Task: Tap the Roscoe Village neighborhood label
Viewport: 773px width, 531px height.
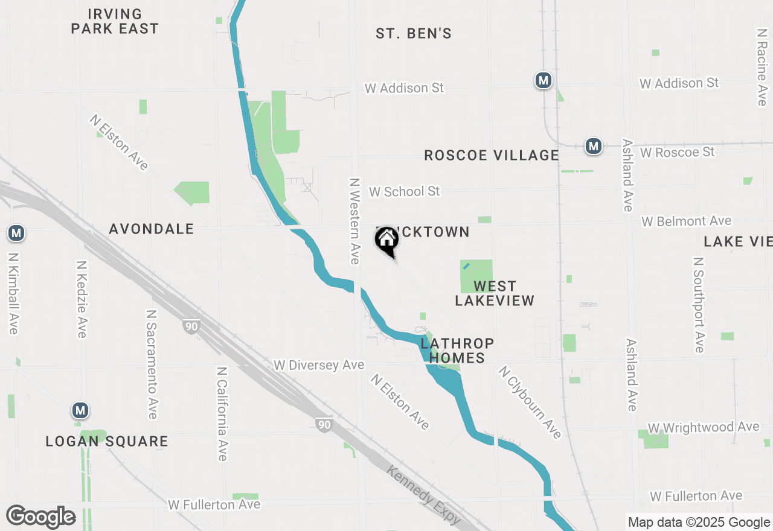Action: tap(492, 155)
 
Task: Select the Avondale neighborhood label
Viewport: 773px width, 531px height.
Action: tap(152, 229)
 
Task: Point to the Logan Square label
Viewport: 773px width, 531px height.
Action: tap(107, 441)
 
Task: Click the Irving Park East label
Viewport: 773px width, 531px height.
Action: tap(115, 21)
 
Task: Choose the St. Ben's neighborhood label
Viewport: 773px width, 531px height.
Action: tap(414, 33)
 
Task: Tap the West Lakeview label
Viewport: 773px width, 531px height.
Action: tap(495, 293)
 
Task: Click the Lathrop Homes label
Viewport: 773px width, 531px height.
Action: tap(457, 351)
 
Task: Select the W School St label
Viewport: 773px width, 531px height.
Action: tap(405, 191)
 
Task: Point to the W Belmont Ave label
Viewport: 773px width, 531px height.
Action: tap(687, 221)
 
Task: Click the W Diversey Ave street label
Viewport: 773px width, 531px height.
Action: tap(319, 365)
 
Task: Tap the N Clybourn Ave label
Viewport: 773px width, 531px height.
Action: tap(530, 402)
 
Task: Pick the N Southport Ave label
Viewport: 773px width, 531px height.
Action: tap(699, 305)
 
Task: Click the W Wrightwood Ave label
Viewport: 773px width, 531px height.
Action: tap(704, 428)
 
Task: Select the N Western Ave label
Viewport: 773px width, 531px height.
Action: tap(354, 220)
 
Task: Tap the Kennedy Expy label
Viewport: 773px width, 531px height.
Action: tap(423, 495)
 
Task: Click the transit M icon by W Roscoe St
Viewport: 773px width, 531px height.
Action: tap(594, 146)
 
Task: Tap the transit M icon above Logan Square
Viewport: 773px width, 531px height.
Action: tap(80, 411)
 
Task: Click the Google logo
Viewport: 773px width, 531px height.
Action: tap(40, 517)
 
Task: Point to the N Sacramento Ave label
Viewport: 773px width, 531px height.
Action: tap(152, 364)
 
